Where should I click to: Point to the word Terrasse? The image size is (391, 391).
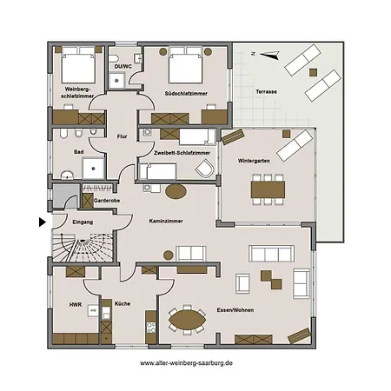click(266, 91)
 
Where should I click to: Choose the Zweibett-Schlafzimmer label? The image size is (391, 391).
click(182, 153)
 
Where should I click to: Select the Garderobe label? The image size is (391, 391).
click(108, 200)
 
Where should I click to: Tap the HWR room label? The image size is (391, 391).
click(75, 305)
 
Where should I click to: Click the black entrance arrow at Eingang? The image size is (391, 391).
click(42, 222)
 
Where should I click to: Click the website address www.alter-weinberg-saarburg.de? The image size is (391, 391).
click(186, 362)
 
